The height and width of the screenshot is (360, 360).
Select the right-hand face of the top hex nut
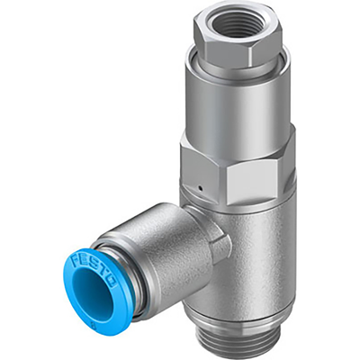(x=270, y=45)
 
